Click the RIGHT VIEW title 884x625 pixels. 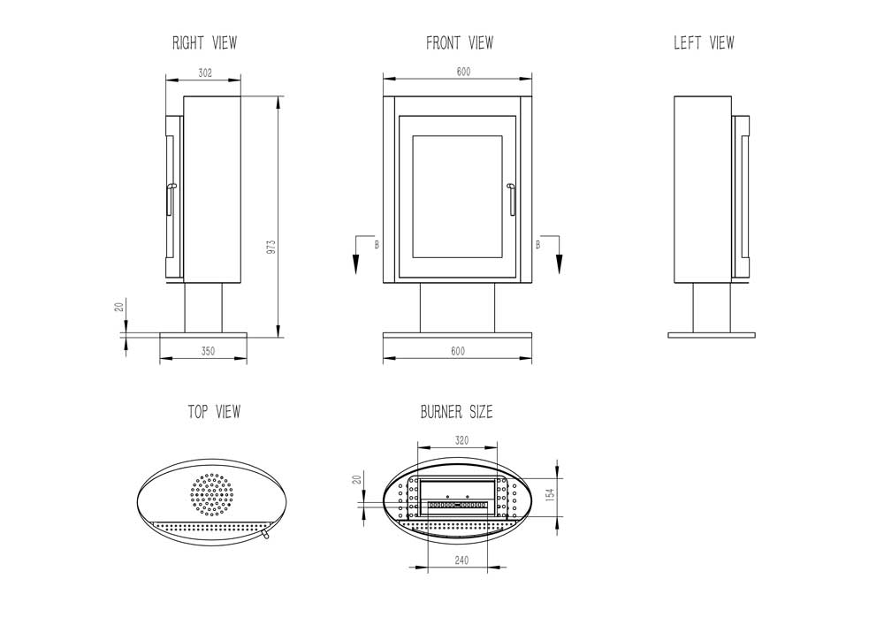coord(205,42)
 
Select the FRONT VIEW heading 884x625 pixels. coord(460,42)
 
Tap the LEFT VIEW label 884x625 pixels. coord(705,42)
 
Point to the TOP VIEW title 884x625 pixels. coord(214,412)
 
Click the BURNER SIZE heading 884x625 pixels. coord(457,412)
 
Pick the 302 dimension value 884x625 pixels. coord(205,72)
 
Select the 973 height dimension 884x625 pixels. coord(271,248)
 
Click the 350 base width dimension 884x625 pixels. coord(208,351)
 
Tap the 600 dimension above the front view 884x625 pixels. coord(463,72)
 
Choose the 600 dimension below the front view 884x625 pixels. coord(458,351)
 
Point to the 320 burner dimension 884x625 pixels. coord(461,440)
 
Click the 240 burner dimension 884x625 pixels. coord(461,560)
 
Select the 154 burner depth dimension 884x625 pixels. coord(551,494)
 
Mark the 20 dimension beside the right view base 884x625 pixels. coord(119,307)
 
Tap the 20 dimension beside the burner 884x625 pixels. coord(356,480)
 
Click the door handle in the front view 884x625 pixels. coord(511,200)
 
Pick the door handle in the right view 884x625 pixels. coord(170,200)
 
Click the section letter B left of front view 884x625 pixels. coord(377,245)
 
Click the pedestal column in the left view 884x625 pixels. coord(712,308)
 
